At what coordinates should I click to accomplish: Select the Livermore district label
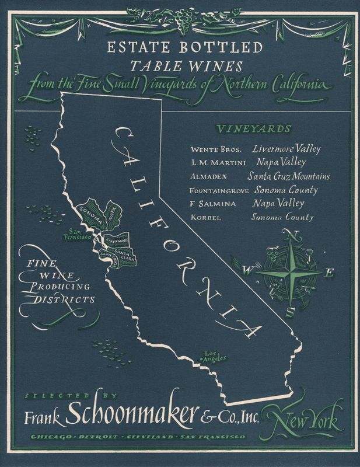pos(117,240)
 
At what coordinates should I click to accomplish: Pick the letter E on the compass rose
pos(330,272)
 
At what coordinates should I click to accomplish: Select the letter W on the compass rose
pos(247,270)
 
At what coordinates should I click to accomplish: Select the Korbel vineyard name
pos(206,218)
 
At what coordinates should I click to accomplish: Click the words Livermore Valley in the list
pos(286,149)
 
